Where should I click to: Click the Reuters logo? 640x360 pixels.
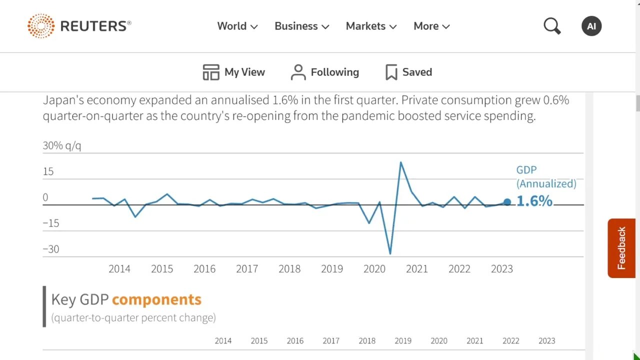(79, 26)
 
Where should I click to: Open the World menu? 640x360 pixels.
(237, 26)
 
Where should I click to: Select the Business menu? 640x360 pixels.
(301, 26)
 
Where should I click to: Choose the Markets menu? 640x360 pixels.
(371, 26)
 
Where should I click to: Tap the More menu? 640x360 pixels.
(431, 26)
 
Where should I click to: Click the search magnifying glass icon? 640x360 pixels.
(552, 26)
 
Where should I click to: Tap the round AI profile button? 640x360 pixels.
(591, 26)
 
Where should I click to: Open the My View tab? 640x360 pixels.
(233, 72)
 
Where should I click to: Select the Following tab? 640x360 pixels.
(325, 72)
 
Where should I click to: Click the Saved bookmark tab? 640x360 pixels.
(408, 72)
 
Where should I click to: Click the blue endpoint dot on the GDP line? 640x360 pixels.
(507, 202)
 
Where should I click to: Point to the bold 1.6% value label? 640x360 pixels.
(534, 201)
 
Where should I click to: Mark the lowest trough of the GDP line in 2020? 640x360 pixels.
(390, 253)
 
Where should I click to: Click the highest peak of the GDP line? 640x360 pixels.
(400, 162)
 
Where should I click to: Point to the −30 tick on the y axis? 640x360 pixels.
(50, 249)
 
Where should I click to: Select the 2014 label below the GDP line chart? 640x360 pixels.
(119, 269)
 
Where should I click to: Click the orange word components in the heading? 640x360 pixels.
(156, 299)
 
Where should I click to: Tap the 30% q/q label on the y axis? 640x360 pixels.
(62, 145)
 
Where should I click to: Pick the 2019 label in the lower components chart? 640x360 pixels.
(403, 341)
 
